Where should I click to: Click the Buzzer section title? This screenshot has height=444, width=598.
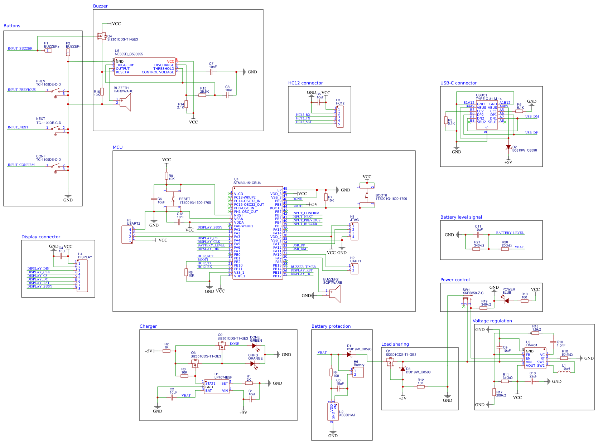(100, 6)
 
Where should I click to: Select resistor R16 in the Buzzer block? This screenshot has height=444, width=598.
(102, 92)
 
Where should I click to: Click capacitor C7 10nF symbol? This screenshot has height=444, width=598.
(211, 72)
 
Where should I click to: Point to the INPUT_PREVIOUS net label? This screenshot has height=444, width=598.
(22, 90)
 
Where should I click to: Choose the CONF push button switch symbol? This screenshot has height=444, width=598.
(56, 166)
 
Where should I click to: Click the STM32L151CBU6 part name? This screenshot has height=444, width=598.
(247, 183)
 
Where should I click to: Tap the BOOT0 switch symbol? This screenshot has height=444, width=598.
(366, 195)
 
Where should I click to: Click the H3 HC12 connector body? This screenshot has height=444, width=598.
(340, 117)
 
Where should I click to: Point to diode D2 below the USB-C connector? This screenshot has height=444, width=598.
(508, 147)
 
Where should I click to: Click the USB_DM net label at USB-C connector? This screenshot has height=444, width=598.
(532, 117)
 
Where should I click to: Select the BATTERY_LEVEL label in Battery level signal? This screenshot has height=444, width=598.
(510, 233)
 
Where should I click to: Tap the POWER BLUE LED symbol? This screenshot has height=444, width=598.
(506, 301)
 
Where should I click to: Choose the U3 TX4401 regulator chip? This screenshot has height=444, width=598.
(535, 358)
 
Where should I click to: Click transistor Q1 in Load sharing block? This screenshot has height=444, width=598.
(390, 362)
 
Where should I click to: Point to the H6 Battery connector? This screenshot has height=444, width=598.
(358, 372)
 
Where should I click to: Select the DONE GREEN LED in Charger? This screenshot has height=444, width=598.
(254, 346)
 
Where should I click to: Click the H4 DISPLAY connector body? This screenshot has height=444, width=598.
(82, 276)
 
